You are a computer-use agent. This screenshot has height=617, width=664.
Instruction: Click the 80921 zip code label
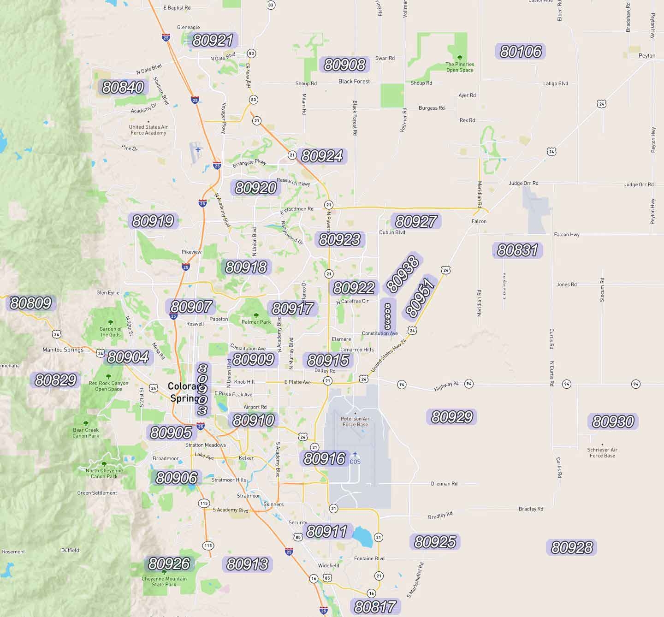[213, 41]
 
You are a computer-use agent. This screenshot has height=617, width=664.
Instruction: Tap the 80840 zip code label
[123, 87]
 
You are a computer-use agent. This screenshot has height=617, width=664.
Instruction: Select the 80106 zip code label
[520, 51]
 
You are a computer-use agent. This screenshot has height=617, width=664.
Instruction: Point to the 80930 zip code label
[613, 421]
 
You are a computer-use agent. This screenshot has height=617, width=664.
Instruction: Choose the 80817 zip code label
[375, 607]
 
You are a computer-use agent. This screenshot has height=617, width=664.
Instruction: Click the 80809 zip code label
[30, 303]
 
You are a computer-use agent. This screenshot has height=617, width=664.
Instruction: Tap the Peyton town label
[646, 56]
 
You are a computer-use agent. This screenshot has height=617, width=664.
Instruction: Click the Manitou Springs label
[63, 350]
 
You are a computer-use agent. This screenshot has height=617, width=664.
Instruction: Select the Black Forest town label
[354, 82]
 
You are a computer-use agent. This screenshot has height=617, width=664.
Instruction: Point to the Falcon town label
[479, 221]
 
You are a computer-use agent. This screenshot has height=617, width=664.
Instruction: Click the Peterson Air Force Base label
[355, 421]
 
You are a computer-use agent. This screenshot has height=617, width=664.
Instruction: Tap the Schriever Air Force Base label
[602, 452]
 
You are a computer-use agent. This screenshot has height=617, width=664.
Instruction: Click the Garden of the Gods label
[111, 332]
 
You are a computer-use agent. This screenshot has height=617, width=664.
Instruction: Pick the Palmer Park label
[256, 322]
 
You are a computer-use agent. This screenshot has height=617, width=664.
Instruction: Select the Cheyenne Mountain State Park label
[164, 581]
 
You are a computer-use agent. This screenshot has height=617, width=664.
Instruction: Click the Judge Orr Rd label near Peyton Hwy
[639, 184]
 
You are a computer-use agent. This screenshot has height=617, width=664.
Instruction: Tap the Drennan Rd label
[444, 484]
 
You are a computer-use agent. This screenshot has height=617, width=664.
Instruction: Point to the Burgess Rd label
[432, 108]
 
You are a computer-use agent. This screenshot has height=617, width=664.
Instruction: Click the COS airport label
[355, 461]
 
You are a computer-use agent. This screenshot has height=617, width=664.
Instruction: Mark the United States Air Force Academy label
[148, 130]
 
